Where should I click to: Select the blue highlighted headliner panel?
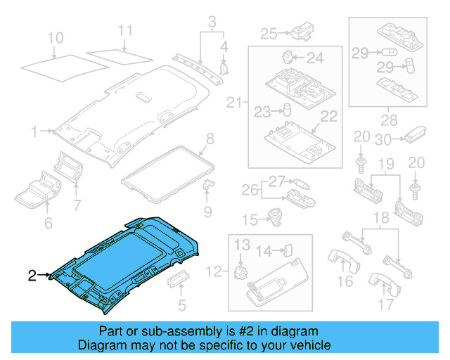127,260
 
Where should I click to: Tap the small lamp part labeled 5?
176,282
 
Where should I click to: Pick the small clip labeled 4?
224,68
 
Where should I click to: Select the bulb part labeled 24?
288,56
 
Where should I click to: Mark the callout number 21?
233,103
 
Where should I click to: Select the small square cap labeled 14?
288,249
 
